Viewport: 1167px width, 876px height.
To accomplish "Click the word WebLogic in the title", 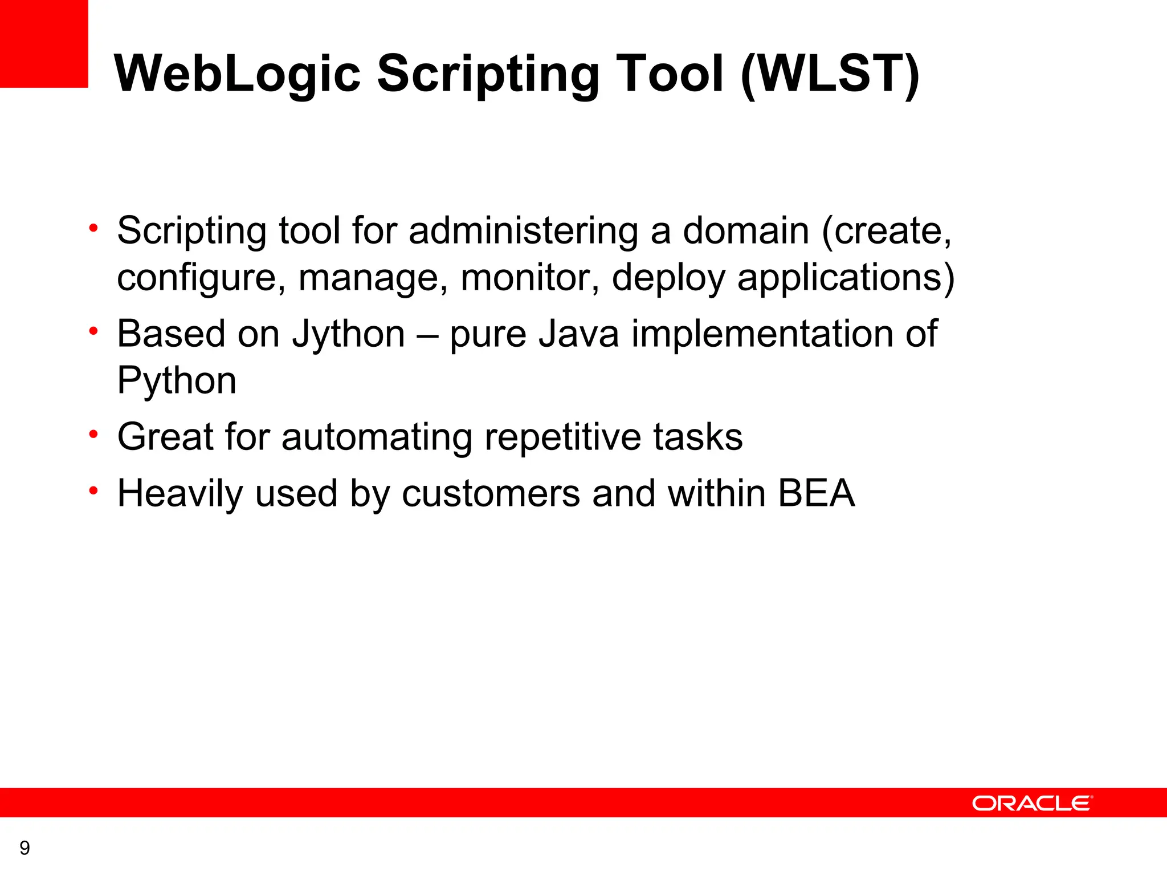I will [237, 74].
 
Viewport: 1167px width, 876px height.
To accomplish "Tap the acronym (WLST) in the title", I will [830, 74].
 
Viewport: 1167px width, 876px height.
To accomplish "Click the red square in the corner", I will [44, 43].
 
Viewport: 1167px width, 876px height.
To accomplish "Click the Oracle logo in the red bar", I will [1032, 803].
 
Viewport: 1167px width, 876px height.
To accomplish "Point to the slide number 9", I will [25, 848].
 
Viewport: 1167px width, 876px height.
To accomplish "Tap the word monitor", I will [529, 278].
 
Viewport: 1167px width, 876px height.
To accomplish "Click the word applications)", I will [846, 278].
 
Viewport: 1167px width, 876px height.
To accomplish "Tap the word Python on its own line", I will [177, 380].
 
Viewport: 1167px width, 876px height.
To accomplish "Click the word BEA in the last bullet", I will [816, 493].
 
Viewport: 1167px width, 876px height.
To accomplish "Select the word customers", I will [491, 493].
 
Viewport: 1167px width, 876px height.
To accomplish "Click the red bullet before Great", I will [94, 435].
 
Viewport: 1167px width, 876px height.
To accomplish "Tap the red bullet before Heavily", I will [94, 491].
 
